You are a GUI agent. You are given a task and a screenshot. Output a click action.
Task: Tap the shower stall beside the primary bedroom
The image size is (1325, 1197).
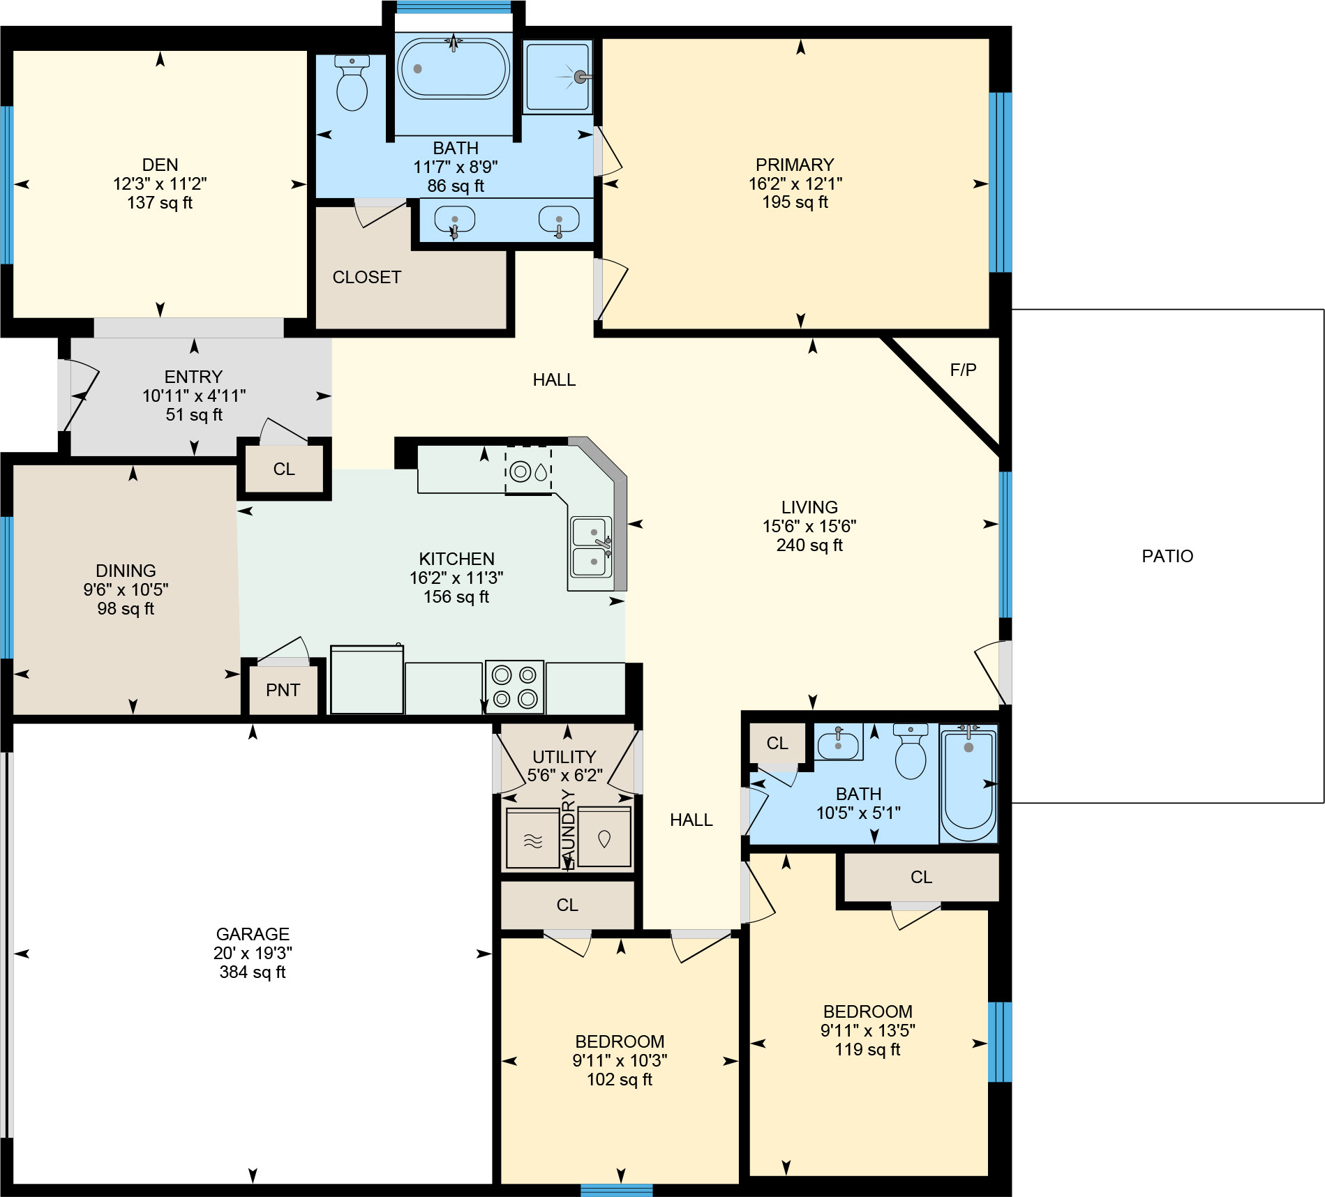coord(557,77)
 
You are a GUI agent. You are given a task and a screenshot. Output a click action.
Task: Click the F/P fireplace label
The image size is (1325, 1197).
coord(963,370)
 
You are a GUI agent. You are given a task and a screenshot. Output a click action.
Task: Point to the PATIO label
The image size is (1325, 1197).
coord(1167,557)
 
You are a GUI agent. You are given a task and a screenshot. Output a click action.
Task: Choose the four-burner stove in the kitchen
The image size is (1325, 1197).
coord(514,686)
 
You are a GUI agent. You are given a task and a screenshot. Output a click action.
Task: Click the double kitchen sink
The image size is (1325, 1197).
coord(591,547)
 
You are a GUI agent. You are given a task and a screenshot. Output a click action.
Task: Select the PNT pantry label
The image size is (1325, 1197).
coord(283,691)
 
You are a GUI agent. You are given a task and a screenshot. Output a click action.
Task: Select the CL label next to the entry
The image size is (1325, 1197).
coord(284,469)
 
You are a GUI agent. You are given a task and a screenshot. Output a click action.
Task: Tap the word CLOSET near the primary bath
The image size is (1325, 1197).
coord(367,278)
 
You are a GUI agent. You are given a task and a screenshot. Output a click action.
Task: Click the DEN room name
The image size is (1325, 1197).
coord(160,165)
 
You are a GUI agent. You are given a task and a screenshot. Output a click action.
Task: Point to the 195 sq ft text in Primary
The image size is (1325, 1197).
coord(795,202)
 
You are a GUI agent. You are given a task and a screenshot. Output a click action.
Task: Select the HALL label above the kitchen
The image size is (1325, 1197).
coord(554,380)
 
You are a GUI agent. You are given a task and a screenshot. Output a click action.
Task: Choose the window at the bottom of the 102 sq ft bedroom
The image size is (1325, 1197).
coord(616,1190)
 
